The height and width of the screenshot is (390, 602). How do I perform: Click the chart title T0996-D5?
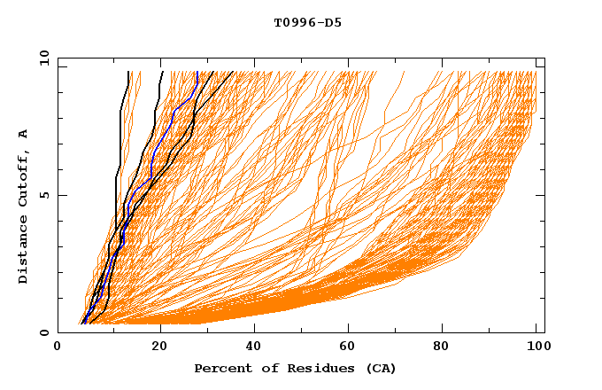[307, 23]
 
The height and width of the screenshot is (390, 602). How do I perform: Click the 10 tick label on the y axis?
[42, 58]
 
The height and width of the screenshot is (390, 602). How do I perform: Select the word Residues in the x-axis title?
[316, 368]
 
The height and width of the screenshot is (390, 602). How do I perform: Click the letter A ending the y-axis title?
[23, 133]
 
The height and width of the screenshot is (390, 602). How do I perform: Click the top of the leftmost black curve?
[128, 73]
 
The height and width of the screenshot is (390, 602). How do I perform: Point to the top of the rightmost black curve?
[233, 73]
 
